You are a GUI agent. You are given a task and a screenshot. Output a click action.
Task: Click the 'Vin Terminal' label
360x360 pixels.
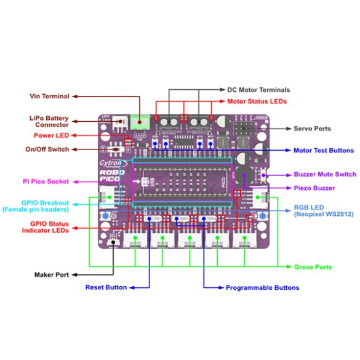coord(49,96)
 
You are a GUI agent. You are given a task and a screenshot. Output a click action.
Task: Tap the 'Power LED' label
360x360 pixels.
coord(52,135)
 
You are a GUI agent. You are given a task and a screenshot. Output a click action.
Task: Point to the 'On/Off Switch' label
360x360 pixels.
coord(47,149)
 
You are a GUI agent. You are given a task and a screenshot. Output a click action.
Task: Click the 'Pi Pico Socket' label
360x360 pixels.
coord(46,182)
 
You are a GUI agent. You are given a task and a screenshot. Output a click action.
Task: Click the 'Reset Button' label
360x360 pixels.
coord(105,287)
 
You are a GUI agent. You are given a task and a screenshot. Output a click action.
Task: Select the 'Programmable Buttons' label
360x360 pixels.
coord(263,287)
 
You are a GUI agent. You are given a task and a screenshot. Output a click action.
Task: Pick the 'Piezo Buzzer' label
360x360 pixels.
coord(314,188)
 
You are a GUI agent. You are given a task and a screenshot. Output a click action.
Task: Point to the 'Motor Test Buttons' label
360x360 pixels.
coord(324,150)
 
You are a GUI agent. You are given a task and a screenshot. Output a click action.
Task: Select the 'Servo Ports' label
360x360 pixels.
coord(312,129)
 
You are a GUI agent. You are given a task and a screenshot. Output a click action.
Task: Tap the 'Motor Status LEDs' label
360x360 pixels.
coord(257,101)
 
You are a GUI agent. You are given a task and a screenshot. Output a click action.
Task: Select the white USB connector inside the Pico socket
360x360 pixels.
coord(146,182)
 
